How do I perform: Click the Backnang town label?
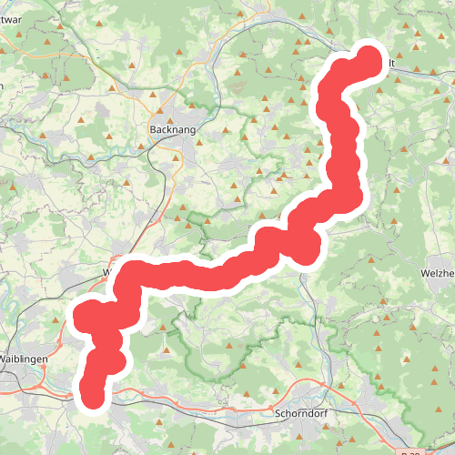pos(168,130)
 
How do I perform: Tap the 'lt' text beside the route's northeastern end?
pos(390,62)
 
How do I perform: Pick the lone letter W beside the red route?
pos(108,272)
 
